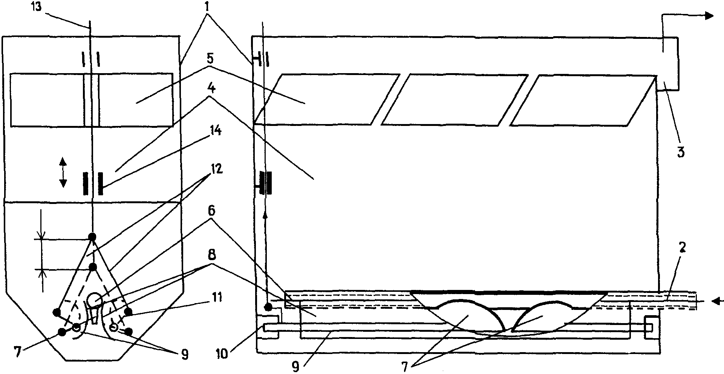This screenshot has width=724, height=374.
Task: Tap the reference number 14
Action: point(214,132)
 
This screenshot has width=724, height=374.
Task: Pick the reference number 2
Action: point(682,248)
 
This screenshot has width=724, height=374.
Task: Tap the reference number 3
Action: point(681,152)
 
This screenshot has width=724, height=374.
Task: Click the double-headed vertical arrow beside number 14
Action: point(63,173)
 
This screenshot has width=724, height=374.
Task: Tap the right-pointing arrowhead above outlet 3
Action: point(709,26)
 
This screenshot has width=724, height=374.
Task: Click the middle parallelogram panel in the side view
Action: point(455,100)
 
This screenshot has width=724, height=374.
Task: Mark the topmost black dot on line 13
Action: point(92,237)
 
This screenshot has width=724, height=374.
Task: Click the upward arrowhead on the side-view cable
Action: point(265,215)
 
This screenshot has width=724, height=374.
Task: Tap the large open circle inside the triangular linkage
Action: point(93,300)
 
